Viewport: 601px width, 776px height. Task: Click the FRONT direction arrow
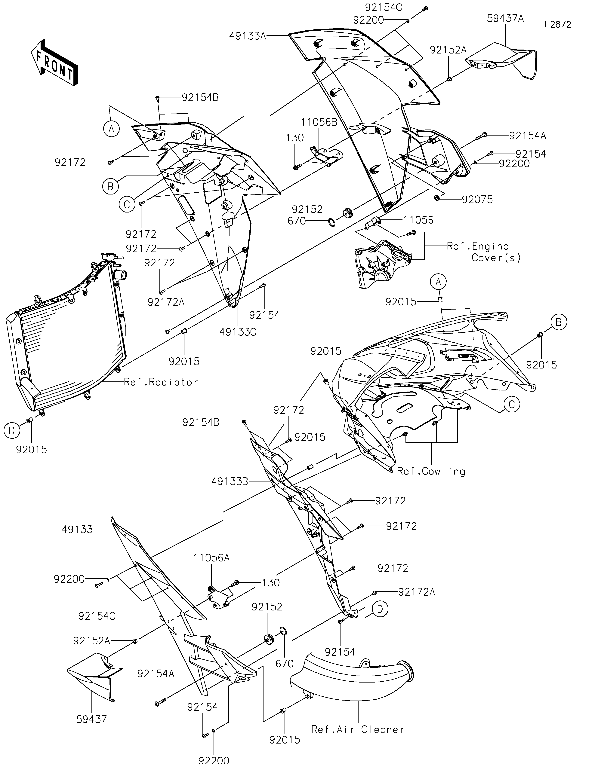(x=54, y=63)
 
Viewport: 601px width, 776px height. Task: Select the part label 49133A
(x=248, y=36)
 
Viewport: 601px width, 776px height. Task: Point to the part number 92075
(x=477, y=200)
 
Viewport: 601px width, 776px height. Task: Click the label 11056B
(x=319, y=122)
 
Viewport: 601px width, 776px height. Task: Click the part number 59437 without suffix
(x=92, y=719)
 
